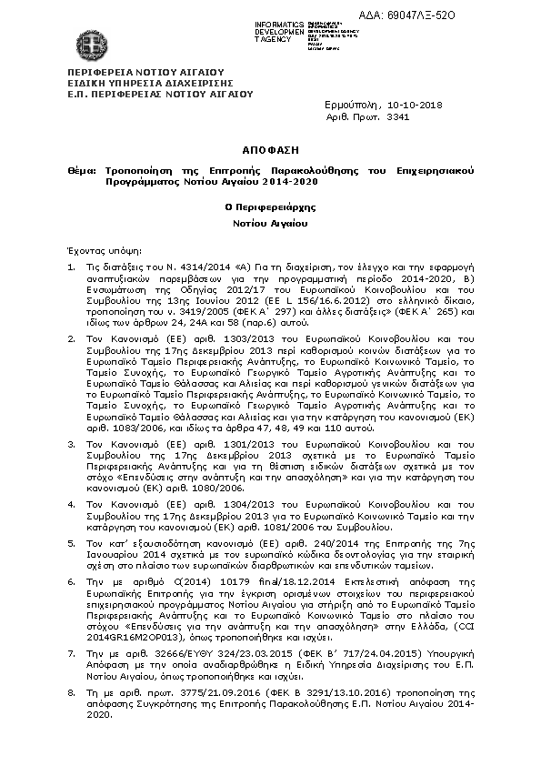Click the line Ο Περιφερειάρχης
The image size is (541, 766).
(x=270, y=207)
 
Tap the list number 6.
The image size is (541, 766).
(x=72, y=580)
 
